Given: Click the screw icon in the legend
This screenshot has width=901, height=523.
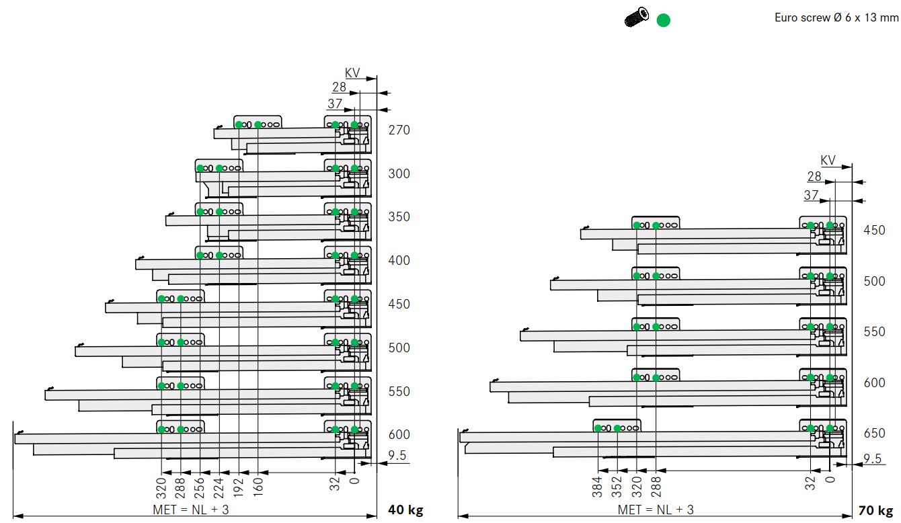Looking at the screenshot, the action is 636,17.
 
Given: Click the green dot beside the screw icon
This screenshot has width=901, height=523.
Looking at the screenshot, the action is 663,20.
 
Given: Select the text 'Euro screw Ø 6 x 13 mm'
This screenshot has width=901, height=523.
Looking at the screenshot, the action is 836,17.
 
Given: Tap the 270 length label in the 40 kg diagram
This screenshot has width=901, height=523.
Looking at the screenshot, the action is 399,130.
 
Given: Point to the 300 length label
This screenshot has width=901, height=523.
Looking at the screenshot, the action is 399,173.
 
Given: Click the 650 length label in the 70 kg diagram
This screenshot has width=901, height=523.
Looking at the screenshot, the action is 875,433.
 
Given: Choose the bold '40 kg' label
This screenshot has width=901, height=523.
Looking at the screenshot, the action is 405,510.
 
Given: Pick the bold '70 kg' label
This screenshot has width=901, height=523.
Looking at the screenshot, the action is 876,510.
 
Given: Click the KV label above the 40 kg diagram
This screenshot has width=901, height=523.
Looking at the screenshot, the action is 352,73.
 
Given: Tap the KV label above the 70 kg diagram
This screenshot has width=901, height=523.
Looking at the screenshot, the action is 828,161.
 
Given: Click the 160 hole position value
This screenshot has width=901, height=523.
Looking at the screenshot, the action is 258,487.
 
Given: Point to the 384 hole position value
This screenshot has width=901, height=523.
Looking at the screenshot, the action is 597,487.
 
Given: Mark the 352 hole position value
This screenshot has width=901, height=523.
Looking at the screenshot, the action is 617,487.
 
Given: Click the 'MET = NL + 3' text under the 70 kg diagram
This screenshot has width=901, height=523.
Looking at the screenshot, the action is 656,510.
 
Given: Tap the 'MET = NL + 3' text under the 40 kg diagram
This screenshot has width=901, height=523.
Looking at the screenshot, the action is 191,510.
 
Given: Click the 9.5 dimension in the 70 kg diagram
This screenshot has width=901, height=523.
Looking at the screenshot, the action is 873,458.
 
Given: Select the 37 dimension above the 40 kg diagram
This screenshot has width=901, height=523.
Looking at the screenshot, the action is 335,104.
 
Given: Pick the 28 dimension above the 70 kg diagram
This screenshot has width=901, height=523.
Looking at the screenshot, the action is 814,176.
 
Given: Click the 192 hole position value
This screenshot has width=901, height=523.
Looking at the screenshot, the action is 239,487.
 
